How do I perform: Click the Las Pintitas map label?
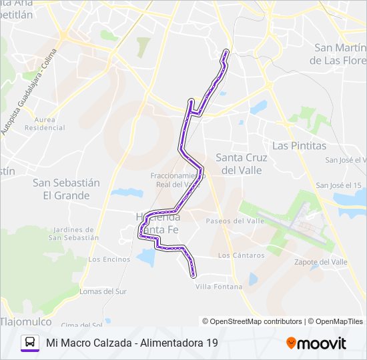(299, 145)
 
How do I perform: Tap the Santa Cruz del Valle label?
(241, 164)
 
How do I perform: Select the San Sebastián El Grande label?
(66, 189)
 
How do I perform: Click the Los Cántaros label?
(241, 255)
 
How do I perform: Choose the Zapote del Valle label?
(320, 262)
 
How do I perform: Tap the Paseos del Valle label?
(235, 221)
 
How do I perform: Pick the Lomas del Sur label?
(103, 291)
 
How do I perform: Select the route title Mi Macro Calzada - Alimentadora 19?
(132, 343)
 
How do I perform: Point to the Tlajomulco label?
(25, 321)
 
